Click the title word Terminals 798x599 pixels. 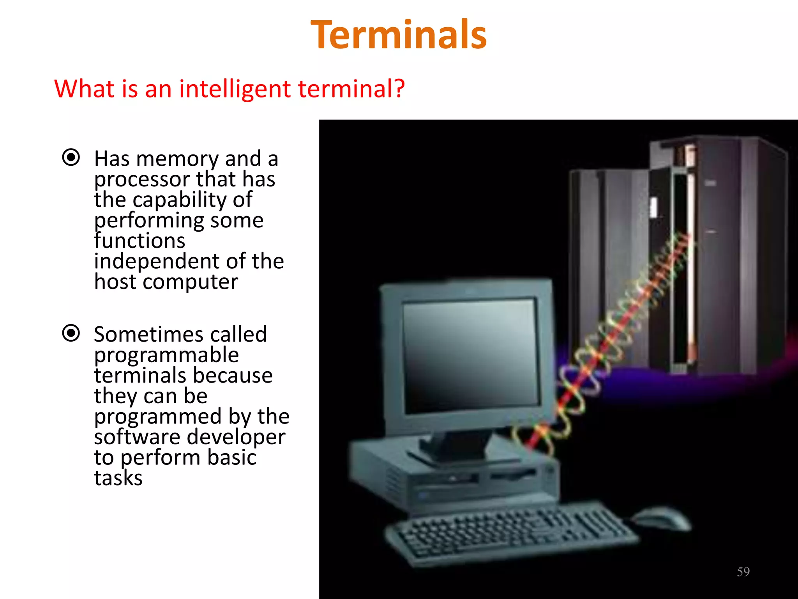[399, 35]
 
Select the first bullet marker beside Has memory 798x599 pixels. [71, 158]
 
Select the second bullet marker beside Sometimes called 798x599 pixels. [71, 333]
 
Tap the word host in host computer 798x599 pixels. [115, 282]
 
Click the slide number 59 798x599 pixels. [743, 572]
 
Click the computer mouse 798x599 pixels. [660, 517]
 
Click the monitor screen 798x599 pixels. [470, 355]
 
